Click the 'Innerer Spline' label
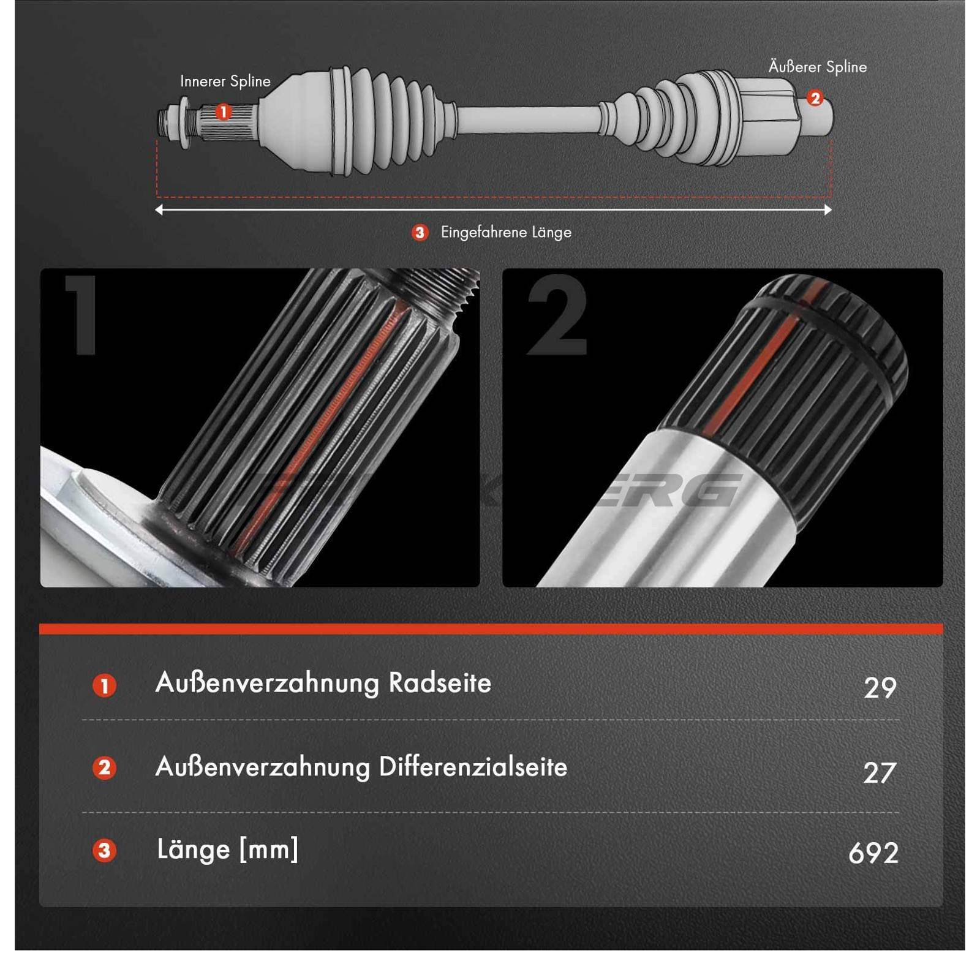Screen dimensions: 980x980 (225, 81)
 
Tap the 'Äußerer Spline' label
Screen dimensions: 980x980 (818, 67)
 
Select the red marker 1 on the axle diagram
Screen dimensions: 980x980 (224, 111)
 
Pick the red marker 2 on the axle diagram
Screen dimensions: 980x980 (815, 97)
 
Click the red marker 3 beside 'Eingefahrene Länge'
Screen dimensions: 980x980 (420, 233)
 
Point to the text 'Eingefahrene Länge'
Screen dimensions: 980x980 (506, 233)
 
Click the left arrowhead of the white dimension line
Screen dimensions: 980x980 (159, 210)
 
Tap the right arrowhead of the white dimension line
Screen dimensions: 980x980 (828, 210)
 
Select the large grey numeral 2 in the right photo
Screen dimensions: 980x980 (557, 315)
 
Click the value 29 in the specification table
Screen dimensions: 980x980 (880, 688)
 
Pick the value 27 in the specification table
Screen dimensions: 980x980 (880, 772)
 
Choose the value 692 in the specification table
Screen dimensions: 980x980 (873, 853)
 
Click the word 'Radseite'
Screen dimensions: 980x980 (440, 683)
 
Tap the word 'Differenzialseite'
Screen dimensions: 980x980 (473, 767)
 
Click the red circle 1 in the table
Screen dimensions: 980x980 (105, 686)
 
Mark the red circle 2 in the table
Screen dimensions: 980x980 (105, 768)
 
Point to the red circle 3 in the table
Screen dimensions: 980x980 (105, 850)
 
